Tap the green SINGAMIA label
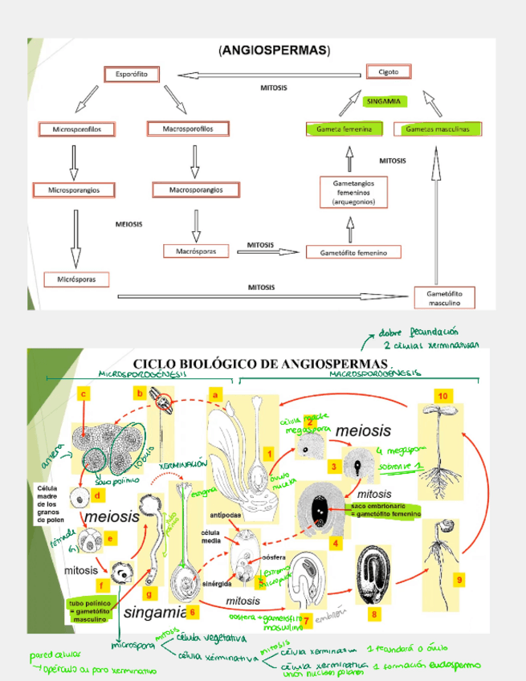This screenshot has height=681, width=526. tap(383, 102)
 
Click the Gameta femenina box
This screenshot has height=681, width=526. tap(344, 128)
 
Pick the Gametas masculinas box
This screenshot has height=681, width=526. tap(437, 128)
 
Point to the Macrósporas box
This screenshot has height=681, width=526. tap(195, 251)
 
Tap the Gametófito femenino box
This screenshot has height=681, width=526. tap(353, 252)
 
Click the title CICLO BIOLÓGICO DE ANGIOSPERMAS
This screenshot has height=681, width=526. tap(260, 364)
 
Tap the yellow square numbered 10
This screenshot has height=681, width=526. tap(442, 396)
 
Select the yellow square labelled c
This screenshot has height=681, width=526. tap(83, 393)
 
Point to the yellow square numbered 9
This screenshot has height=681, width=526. tap(459, 579)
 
